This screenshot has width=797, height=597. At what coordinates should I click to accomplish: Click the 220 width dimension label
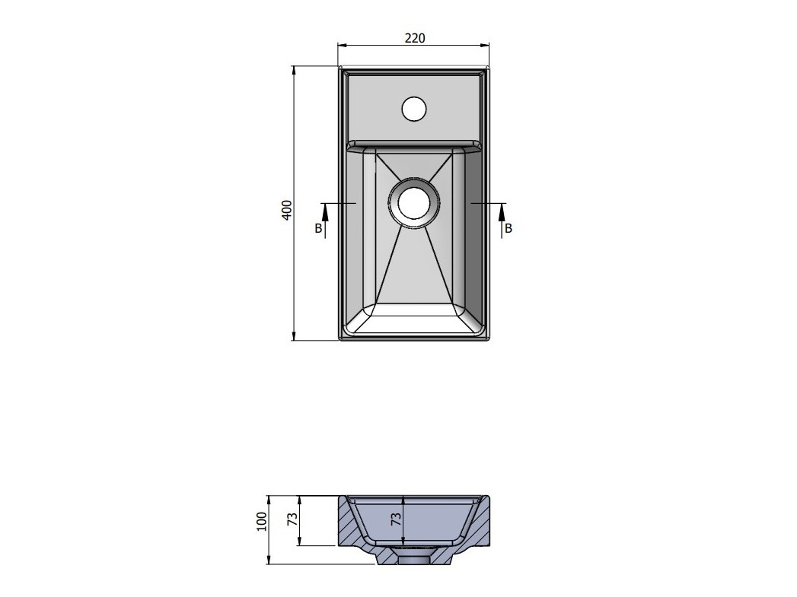click(x=415, y=38)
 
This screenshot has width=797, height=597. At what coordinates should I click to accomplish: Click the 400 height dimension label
click(x=287, y=210)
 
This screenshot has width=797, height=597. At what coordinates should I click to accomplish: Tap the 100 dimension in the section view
click(x=261, y=522)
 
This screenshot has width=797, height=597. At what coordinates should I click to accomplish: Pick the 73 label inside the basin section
click(x=396, y=519)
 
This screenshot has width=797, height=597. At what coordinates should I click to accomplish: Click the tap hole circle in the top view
click(x=414, y=109)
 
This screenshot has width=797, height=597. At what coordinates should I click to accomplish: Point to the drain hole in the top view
click(x=414, y=202)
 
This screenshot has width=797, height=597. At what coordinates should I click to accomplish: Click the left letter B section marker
click(x=318, y=228)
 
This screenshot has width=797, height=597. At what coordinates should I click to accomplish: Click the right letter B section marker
click(x=508, y=228)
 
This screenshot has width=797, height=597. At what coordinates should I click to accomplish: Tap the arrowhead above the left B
click(x=325, y=210)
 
